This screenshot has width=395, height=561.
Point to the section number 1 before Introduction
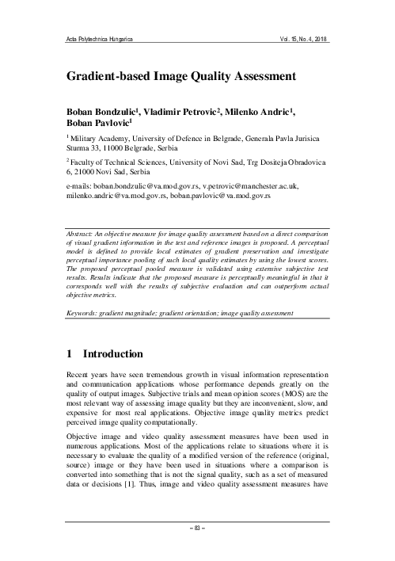(x=69, y=352)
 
